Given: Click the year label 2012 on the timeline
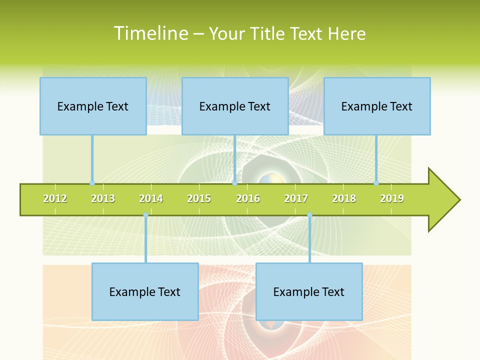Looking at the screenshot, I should (55, 198).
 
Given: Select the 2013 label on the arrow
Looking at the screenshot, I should (103, 198).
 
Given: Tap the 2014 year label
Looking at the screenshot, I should (151, 198).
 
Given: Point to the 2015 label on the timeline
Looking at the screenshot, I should (199, 198).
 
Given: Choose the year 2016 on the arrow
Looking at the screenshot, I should (248, 198).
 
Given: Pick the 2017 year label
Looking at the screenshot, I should (296, 198).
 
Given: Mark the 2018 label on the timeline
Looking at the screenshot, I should (344, 198).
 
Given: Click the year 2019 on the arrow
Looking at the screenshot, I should (392, 198).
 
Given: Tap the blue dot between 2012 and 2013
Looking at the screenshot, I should (92, 183).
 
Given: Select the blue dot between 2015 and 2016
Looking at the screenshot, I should (234, 183).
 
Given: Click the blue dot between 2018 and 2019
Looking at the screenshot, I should (376, 183).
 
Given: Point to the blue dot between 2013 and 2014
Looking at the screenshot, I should (145, 215).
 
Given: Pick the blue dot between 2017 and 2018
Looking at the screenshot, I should (309, 215).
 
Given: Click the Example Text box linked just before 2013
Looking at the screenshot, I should (93, 106).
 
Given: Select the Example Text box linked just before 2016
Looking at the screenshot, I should (235, 106).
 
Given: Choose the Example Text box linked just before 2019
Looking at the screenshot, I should (377, 106).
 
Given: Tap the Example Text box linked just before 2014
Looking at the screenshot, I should (145, 291).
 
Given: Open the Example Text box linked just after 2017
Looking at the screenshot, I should (309, 291).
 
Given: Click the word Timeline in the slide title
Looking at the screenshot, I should (150, 33).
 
